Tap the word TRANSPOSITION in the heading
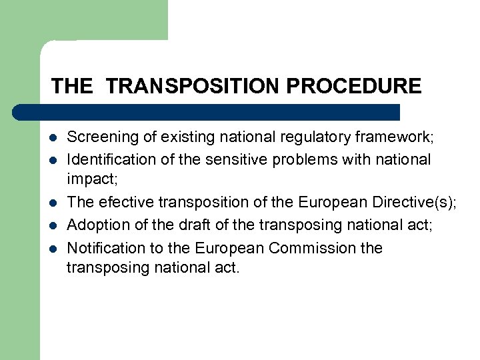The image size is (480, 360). [x=191, y=86]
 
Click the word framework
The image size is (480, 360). [x=397, y=138]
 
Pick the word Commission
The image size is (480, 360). [x=315, y=248]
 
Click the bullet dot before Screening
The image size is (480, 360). [x=53, y=139]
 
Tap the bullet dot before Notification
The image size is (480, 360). [x=53, y=249]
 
